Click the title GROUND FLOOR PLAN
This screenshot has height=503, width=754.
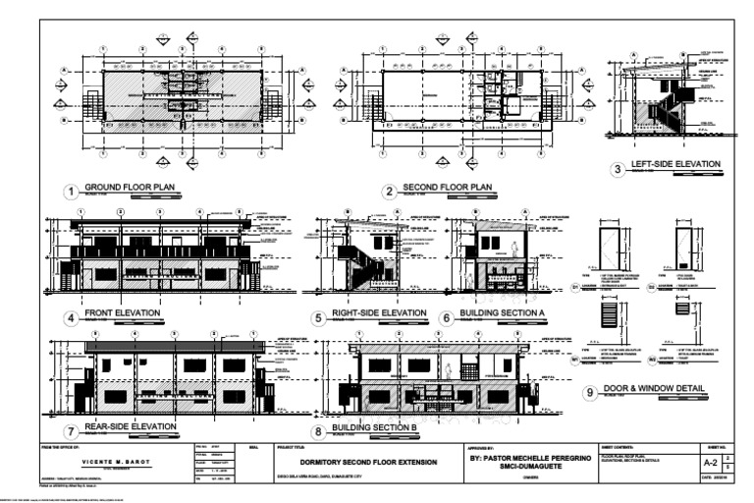129,187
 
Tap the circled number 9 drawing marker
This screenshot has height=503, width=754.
590,393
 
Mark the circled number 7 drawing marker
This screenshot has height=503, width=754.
71,431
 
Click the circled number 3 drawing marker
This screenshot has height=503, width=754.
618,169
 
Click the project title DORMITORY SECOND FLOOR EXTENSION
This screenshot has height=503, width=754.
366,461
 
